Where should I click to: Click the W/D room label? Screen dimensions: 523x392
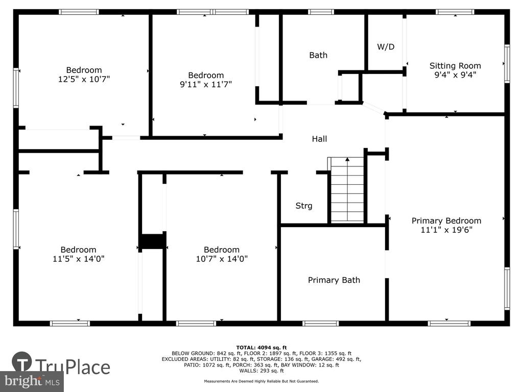point(386,46)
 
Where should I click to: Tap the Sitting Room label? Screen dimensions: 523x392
point(455,66)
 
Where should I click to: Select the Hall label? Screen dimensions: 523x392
point(319,139)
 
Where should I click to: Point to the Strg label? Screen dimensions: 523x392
point(304,206)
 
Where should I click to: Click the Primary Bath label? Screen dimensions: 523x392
point(334,280)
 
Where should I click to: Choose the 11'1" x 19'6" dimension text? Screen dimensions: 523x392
point(446,230)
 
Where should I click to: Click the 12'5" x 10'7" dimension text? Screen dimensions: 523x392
point(84,79)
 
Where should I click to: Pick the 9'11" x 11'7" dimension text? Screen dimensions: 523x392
point(206,84)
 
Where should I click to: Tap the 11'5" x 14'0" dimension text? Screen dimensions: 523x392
point(78,259)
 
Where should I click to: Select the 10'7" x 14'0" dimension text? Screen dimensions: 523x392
point(222,259)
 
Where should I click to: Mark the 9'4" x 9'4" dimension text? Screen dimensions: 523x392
point(455,75)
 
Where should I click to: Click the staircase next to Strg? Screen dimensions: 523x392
point(347,190)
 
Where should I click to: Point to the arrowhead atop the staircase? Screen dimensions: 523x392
point(347,159)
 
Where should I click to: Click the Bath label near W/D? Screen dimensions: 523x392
point(318,55)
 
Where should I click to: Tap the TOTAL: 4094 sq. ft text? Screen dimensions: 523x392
point(261,347)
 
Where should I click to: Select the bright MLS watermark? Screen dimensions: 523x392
point(32,381)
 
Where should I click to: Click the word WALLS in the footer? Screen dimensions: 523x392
point(248,371)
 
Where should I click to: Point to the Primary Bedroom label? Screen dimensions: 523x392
point(446,220)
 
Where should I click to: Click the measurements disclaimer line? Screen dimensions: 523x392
point(261,381)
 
